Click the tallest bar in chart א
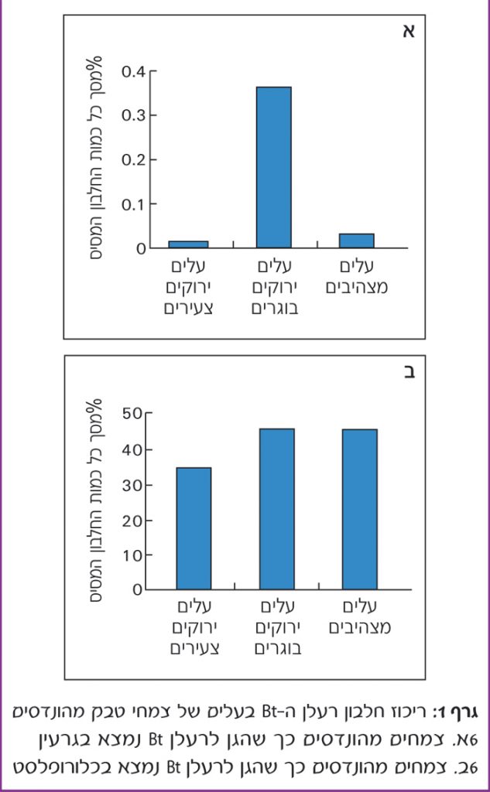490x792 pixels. point(274,167)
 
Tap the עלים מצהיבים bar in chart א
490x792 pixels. point(357,241)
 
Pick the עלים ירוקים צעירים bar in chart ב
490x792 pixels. point(194,528)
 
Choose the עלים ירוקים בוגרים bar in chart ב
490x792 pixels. point(277,509)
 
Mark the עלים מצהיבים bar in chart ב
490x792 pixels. point(360,509)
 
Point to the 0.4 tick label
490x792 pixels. point(134,72)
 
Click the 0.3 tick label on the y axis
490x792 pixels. point(134,116)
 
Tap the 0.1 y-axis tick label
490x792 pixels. point(134,204)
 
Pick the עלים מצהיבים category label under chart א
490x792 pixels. point(357,277)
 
